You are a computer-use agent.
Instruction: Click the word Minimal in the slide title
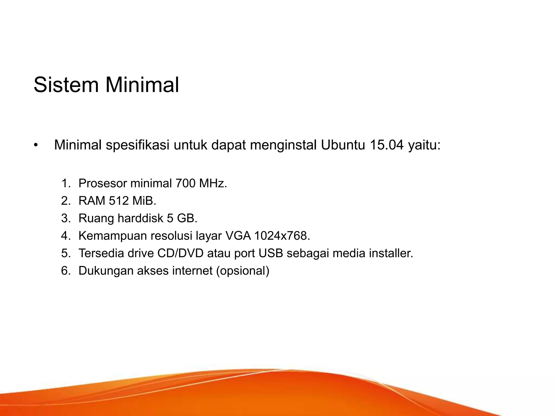pyautogui.click(x=142, y=85)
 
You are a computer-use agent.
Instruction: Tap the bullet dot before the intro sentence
pyautogui.click(x=36, y=145)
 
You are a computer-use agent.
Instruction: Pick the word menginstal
pyautogui.click(x=283, y=146)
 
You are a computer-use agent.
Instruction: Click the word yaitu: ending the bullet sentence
pyautogui.click(x=424, y=146)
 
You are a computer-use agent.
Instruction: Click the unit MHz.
pyautogui.click(x=213, y=184)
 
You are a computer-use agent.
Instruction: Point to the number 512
pyautogui.click(x=119, y=201)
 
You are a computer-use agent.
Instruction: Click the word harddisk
pyautogui.click(x=140, y=218)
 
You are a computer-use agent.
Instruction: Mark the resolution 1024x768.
pyautogui.click(x=282, y=236)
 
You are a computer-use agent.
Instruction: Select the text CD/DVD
pyautogui.click(x=180, y=253)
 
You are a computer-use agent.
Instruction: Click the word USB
pyautogui.click(x=271, y=253)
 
